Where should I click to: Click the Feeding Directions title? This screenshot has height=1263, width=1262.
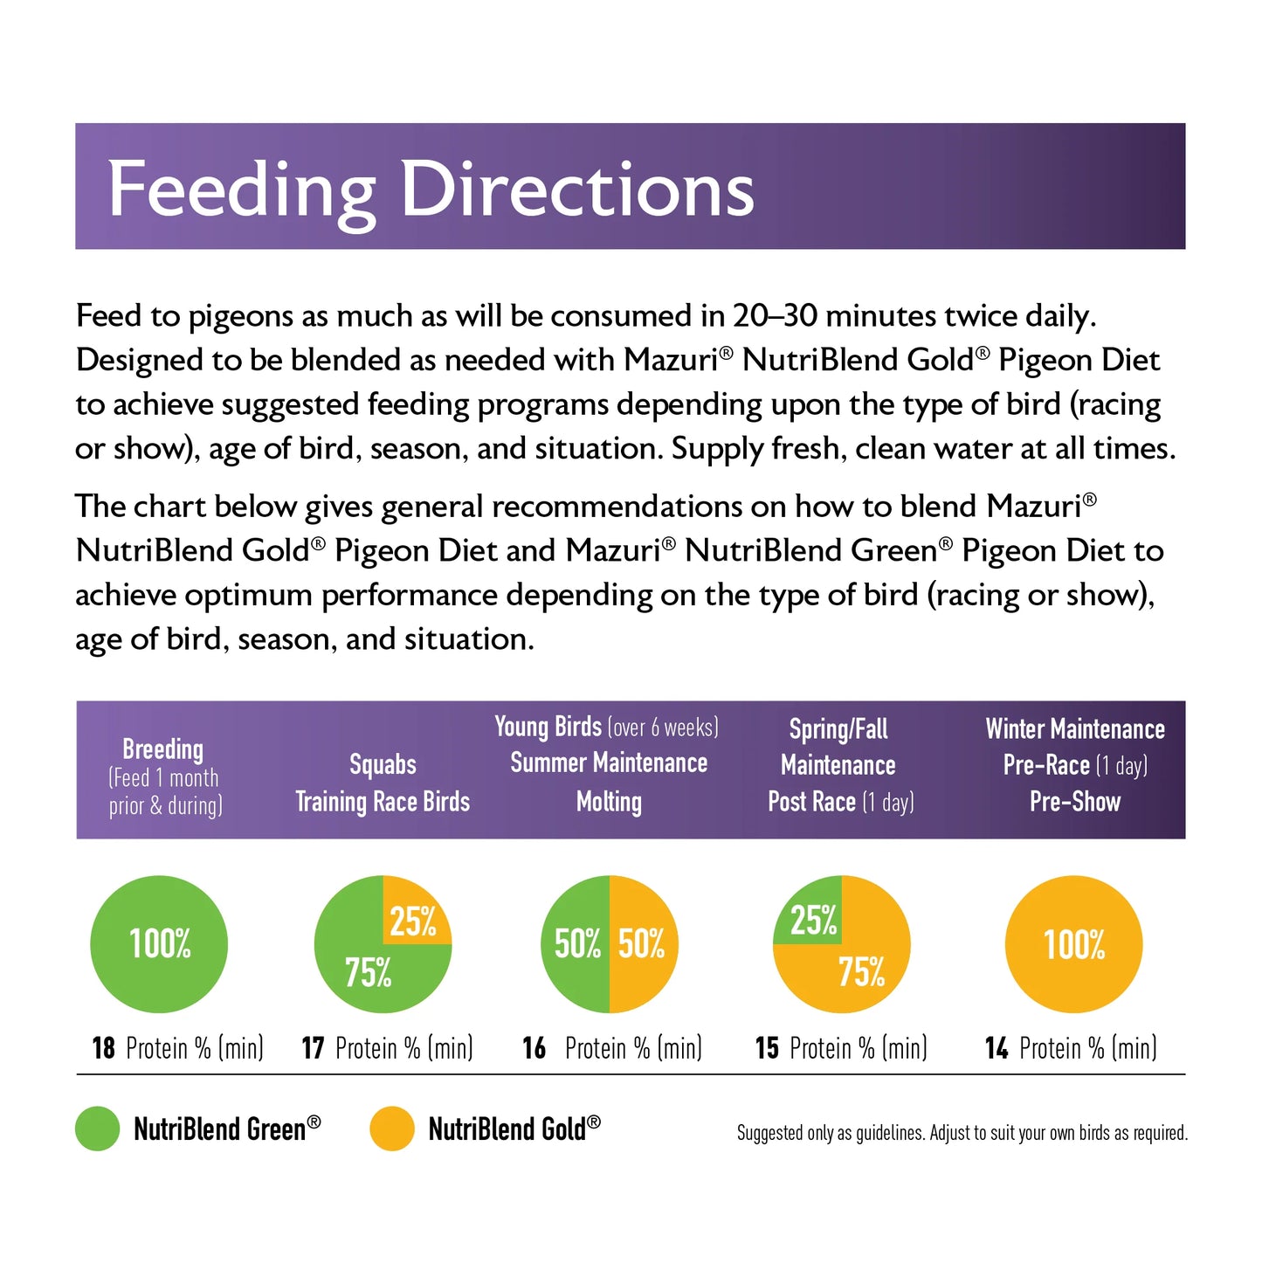click(431, 190)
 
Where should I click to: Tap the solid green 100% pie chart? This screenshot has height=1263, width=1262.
click(159, 944)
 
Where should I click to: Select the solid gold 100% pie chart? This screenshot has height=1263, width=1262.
click(1073, 944)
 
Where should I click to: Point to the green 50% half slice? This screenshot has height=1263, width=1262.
click(576, 944)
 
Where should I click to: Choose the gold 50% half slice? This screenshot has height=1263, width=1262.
click(643, 944)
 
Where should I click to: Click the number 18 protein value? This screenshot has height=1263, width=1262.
click(103, 1047)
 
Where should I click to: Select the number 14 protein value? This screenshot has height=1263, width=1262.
click(996, 1047)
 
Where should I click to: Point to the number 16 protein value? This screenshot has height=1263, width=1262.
click(534, 1047)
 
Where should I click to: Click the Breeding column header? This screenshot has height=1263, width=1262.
click(163, 749)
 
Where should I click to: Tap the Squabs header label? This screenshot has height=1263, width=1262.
click(383, 764)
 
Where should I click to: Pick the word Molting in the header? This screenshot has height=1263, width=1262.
click(609, 802)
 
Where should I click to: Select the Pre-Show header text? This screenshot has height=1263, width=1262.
click(1074, 802)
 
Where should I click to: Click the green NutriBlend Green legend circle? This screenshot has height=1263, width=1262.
click(97, 1128)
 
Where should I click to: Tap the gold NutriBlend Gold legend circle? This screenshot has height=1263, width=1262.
click(391, 1128)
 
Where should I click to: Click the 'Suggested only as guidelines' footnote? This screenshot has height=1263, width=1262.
click(962, 1133)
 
